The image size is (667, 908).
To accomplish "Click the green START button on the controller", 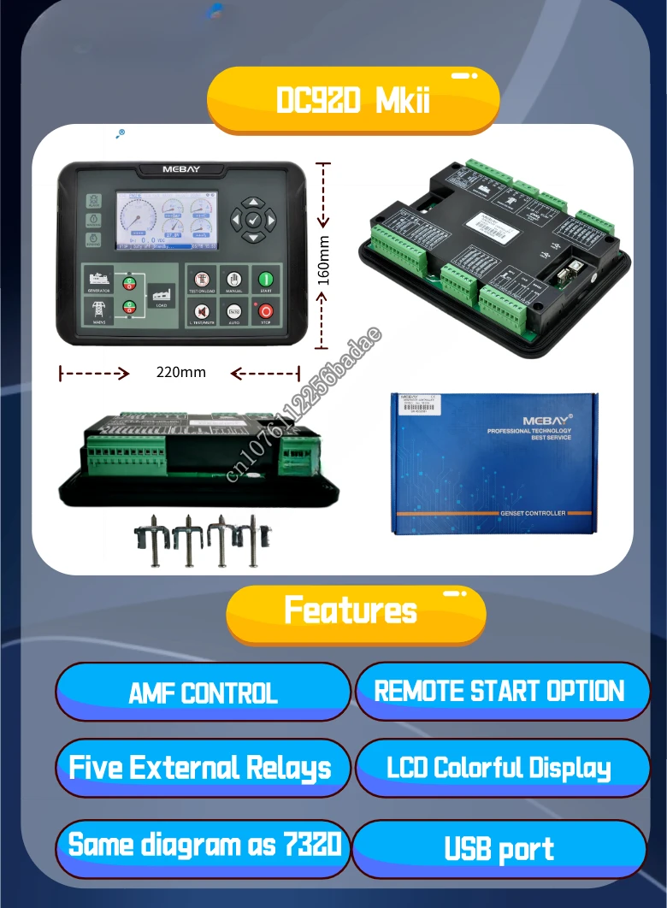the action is [266, 280].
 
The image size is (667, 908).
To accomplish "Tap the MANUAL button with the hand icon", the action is [233, 280].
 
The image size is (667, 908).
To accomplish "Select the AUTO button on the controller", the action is [233, 312].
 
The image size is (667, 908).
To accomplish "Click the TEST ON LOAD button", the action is [202, 280].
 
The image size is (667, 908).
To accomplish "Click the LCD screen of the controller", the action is [166, 220].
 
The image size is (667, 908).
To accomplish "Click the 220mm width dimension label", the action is [180, 373].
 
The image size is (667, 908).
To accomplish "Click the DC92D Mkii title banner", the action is [353, 101].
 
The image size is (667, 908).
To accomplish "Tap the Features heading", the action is [351, 611].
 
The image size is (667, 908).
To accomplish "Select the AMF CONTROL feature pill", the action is [204, 693].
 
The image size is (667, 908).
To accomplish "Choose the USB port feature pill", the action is [499, 850].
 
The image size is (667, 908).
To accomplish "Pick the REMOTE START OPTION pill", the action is [500, 691].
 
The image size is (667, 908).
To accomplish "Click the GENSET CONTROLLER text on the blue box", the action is [532, 513].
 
